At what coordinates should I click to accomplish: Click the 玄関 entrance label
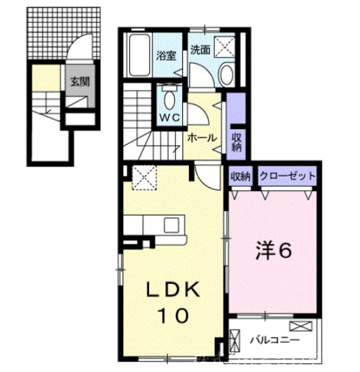click(x=80, y=82)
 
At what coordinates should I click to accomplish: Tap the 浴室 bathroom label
click(x=166, y=56)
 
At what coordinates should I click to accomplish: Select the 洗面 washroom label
click(x=201, y=50)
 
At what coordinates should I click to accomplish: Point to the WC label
click(x=170, y=117)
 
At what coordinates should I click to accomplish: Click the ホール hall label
click(x=202, y=138)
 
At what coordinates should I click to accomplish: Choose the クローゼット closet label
click(x=287, y=176)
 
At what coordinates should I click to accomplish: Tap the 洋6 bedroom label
click(x=273, y=251)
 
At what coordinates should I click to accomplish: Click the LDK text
click(x=173, y=289)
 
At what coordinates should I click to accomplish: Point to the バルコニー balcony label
click(x=275, y=340)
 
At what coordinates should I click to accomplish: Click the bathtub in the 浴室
click(x=140, y=55)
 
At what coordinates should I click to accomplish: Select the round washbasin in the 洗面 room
click(x=227, y=75)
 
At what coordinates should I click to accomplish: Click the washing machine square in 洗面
click(x=225, y=47)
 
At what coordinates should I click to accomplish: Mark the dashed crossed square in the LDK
click(x=144, y=178)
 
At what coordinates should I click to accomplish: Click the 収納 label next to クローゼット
click(x=240, y=176)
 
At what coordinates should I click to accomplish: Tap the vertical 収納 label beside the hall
click(x=236, y=142)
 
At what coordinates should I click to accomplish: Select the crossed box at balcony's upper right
click(x=301, y=325)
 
